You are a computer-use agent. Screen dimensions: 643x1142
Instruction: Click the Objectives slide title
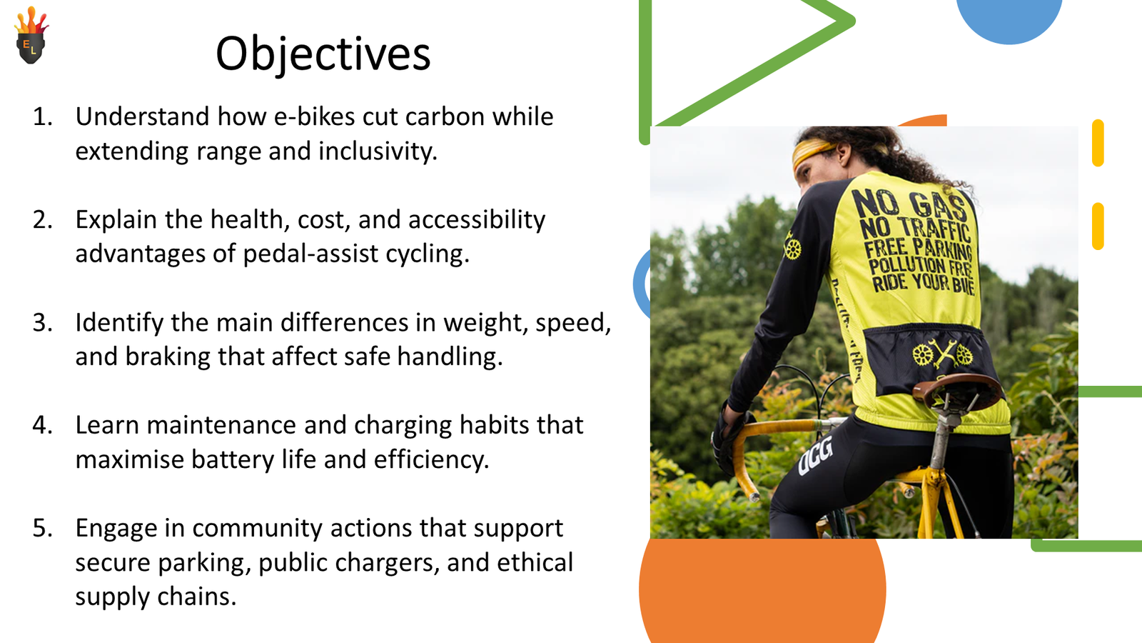[x=323, y=54]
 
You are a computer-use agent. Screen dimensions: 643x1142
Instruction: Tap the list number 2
[x=42, y=220]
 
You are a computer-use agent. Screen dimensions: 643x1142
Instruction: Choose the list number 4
[x=42, y=426]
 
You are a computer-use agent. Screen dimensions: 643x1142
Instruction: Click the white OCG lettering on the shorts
[x=816, y=455]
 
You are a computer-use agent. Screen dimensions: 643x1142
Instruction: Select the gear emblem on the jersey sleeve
[x=792, y=249]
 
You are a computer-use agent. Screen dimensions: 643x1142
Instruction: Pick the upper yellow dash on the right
[x=1098, y=143]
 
